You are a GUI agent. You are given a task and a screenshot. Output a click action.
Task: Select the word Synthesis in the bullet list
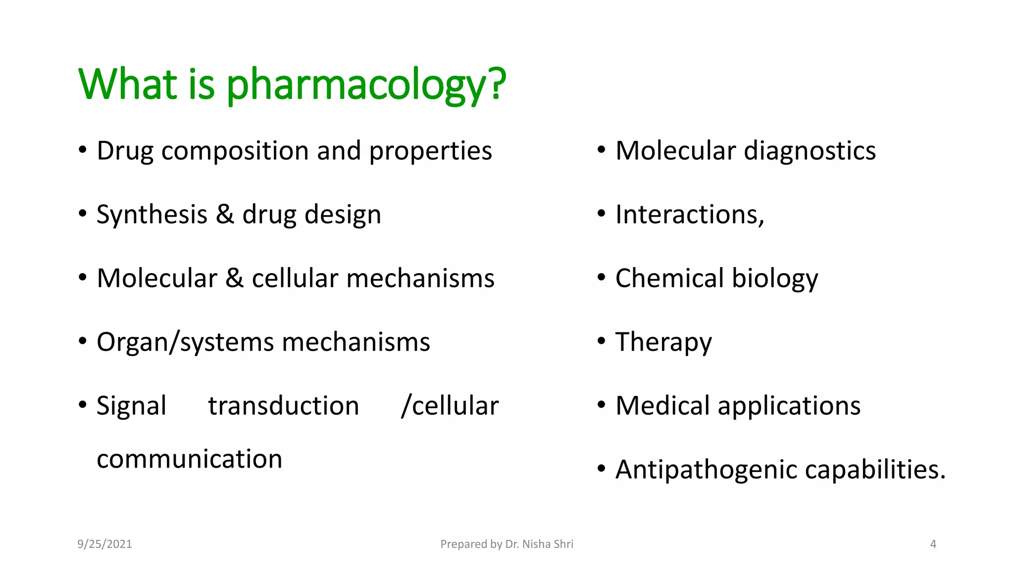click(152, 215)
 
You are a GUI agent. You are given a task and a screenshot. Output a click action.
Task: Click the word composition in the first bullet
click(235, 151)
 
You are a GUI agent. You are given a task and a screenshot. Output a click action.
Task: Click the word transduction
click(283, 406)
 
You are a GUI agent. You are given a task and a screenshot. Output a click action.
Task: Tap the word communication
click(189, 459)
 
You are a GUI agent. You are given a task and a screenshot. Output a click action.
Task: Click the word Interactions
click(689, 215)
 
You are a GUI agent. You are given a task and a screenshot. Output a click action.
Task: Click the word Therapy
click(663, 342)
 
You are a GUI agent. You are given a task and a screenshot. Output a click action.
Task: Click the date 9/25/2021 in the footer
click(104, 544)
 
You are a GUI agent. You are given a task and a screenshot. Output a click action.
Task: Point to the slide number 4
click(933, 544)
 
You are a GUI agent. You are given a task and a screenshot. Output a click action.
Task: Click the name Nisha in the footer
click(536, 544)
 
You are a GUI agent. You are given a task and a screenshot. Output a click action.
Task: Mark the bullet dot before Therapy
click(601, 341)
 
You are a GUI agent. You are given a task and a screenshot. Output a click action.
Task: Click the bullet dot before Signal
click(83, 405)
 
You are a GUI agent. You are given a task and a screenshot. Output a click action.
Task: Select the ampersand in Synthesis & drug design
click(225, 215)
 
